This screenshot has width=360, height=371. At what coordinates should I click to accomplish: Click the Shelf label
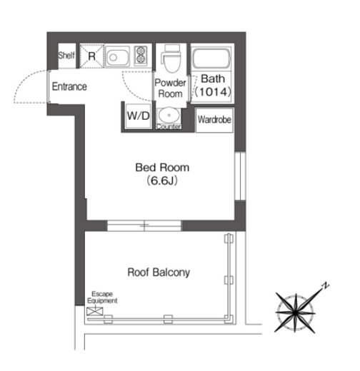66,56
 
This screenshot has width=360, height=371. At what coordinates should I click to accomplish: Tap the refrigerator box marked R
91,56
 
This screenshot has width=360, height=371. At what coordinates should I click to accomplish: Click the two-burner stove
141,56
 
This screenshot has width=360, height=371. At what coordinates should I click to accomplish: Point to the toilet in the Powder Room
171,59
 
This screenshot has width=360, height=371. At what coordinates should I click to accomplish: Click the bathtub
211,59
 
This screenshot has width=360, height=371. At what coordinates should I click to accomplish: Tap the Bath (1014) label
213,86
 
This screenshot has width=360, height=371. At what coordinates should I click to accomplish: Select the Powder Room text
170,88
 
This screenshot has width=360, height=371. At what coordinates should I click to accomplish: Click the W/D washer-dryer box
139,116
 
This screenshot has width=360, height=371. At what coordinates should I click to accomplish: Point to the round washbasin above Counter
169,116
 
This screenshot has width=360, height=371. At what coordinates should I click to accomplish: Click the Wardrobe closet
214,120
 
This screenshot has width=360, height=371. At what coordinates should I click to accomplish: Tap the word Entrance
69,86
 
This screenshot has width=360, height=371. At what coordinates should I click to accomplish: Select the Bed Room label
162,168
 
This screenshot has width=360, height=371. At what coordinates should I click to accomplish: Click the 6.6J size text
162,181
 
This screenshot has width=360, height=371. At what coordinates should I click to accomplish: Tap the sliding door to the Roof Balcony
144,225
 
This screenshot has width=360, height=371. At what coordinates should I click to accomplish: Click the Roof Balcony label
159,273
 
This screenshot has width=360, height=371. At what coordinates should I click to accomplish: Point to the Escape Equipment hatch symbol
95,311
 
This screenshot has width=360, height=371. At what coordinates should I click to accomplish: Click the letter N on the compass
326,285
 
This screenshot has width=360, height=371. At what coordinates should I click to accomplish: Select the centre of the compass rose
295,312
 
